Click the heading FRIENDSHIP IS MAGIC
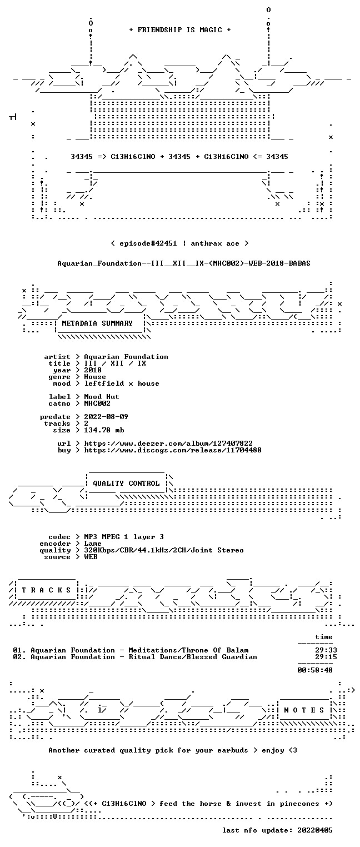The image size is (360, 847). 179,30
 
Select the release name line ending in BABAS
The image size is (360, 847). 184,263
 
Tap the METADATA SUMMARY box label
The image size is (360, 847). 97,323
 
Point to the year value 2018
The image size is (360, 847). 93,370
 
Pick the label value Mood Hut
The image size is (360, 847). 101,397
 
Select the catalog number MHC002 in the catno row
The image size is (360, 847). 97,403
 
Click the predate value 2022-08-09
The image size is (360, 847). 106,417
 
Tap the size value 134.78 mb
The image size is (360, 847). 104,430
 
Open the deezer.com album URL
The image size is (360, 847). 168,444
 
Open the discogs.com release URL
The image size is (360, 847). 173,450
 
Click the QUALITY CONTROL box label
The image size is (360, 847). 126,484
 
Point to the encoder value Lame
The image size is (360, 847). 93,544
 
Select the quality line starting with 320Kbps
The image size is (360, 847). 164,551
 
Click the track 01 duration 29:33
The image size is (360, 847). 326,650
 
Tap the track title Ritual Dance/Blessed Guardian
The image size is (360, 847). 193,657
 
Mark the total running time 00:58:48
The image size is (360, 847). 315,670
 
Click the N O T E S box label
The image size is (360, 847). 304,710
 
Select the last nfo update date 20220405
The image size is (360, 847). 315,830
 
